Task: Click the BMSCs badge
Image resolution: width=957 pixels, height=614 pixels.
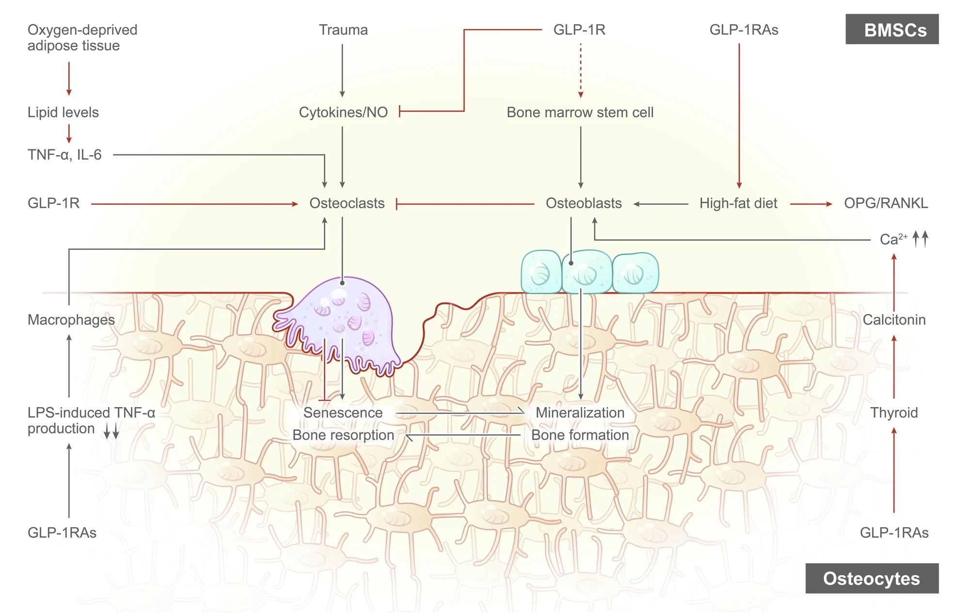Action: click(x=892, y=30)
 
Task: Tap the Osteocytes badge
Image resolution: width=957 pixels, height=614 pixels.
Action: click(x=872, y=579)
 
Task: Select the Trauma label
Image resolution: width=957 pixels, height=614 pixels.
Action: click(x=343, y=30)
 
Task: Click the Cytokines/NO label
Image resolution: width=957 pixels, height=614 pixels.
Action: click(x=343, y=112)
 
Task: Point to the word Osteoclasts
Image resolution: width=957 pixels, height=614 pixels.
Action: click(x=347, y=204)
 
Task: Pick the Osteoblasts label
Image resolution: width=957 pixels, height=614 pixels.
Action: click(x=583, y=204)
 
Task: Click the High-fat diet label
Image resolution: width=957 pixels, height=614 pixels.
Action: click(x=738, y=204)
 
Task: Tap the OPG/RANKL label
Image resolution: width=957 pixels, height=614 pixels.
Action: click(x=886, y=204)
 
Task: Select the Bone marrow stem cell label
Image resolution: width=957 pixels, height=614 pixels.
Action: click(x=580, y=112)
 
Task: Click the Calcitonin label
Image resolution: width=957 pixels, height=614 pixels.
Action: click(x=894, y=320)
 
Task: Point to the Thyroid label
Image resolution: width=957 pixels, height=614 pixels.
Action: click(x=894, y=413)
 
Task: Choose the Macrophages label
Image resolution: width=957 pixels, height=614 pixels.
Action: click(x=71, y=320)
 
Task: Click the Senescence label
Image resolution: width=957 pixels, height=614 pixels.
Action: click(x=343, y=413)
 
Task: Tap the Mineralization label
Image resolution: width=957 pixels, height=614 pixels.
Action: click(x=580, y=413)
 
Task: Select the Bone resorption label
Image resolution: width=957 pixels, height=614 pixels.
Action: click(x=343, y=435)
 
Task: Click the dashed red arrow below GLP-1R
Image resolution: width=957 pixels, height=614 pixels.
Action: click(x=580, y=70)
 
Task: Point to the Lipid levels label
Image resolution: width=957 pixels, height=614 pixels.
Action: click(x=63, y=112)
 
